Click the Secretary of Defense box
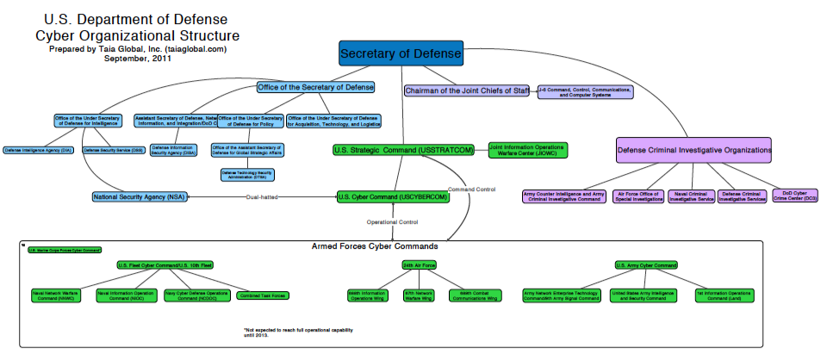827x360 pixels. point(401,54)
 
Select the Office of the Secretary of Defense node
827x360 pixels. point(316,88)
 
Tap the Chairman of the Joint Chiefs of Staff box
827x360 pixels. point(466,90)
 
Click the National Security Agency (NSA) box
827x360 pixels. point(139,197)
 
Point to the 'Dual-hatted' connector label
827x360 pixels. point(261,197)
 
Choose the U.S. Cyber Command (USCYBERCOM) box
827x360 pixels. point(394,197)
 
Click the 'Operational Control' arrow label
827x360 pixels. point(394,222)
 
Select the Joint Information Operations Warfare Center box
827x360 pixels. point(528,150)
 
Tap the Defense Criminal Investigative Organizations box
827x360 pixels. point(694,150)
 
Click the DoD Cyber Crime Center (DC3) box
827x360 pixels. point(794,196)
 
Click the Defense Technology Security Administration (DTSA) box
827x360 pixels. point(247,174)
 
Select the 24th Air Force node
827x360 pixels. point(418,264)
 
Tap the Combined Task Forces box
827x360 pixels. point(262,295)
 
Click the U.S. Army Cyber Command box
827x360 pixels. point(646,264)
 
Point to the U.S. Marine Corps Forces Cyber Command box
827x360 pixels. point(64,250)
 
